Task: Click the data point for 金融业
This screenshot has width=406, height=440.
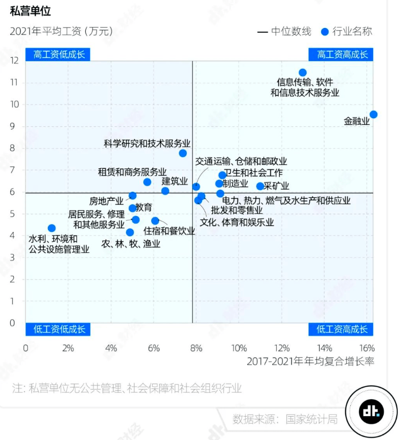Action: coord(373,115)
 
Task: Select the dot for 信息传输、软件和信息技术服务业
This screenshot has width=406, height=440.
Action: coord(302,72)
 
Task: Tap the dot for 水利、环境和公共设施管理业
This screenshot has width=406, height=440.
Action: coord(52,228)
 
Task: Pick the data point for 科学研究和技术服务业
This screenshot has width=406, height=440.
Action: coord(183,153)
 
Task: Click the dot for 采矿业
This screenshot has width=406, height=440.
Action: coord(260,186)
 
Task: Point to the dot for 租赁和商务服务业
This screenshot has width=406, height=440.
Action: coord(147,182)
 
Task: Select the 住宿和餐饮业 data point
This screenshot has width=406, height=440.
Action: coord(155,221)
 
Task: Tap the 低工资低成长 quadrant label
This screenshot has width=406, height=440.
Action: coord(58,329)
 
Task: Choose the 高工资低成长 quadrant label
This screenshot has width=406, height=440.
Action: coord(58,55)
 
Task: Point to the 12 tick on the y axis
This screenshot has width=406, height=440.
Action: coord(14,61)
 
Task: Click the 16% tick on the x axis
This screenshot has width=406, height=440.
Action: coord(367,349)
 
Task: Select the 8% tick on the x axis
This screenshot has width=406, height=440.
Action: coord(196,349)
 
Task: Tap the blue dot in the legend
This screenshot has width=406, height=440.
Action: coord(324,32)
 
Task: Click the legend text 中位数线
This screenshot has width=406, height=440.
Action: coord(291,32)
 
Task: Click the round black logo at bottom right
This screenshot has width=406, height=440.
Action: coord(371,411)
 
